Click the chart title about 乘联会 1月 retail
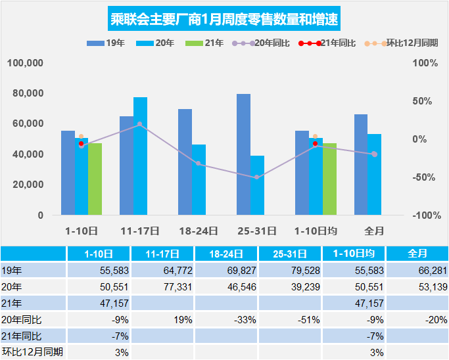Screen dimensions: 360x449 pos(224,18)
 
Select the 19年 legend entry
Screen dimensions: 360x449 pos(103,43)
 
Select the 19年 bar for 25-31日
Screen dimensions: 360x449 pos(244,154)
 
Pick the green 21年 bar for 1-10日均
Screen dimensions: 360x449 pos(329,179)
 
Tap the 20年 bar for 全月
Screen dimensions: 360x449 pos(374,174)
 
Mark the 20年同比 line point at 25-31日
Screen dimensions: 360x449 pos(257,177)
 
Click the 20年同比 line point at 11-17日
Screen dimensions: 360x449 pos(140,124)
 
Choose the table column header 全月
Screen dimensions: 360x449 pos(417,253)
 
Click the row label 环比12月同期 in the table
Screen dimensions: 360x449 pos(33,352)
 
